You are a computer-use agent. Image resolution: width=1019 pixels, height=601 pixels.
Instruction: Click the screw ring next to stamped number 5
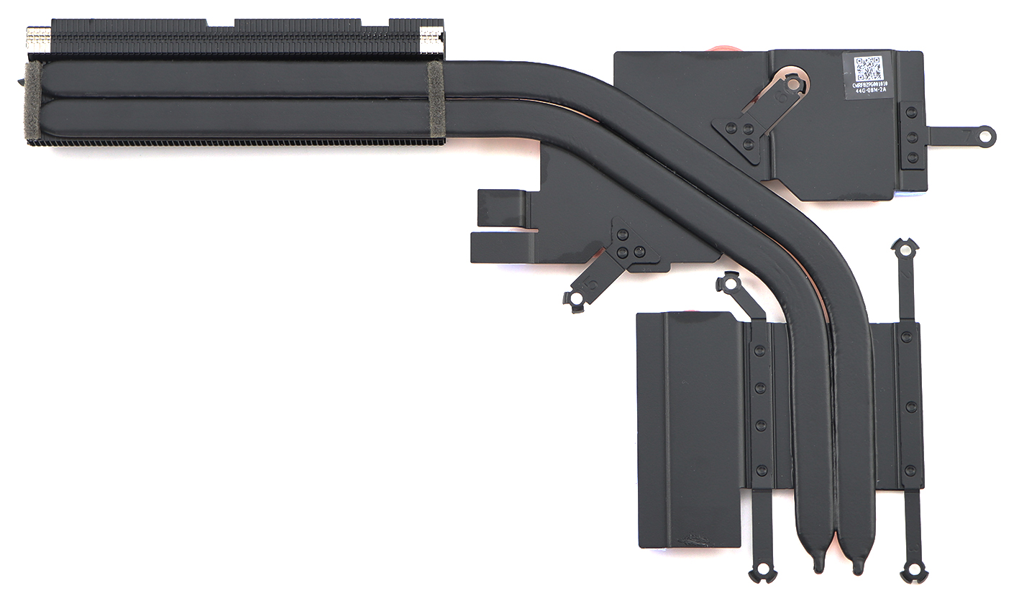coord(576,298)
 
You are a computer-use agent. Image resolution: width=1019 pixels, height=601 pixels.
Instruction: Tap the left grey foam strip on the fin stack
coord(33,100)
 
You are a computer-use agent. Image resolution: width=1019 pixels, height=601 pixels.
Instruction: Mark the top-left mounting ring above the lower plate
coord(728,283)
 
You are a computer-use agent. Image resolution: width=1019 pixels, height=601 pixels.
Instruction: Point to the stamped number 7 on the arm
coord(967,134)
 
